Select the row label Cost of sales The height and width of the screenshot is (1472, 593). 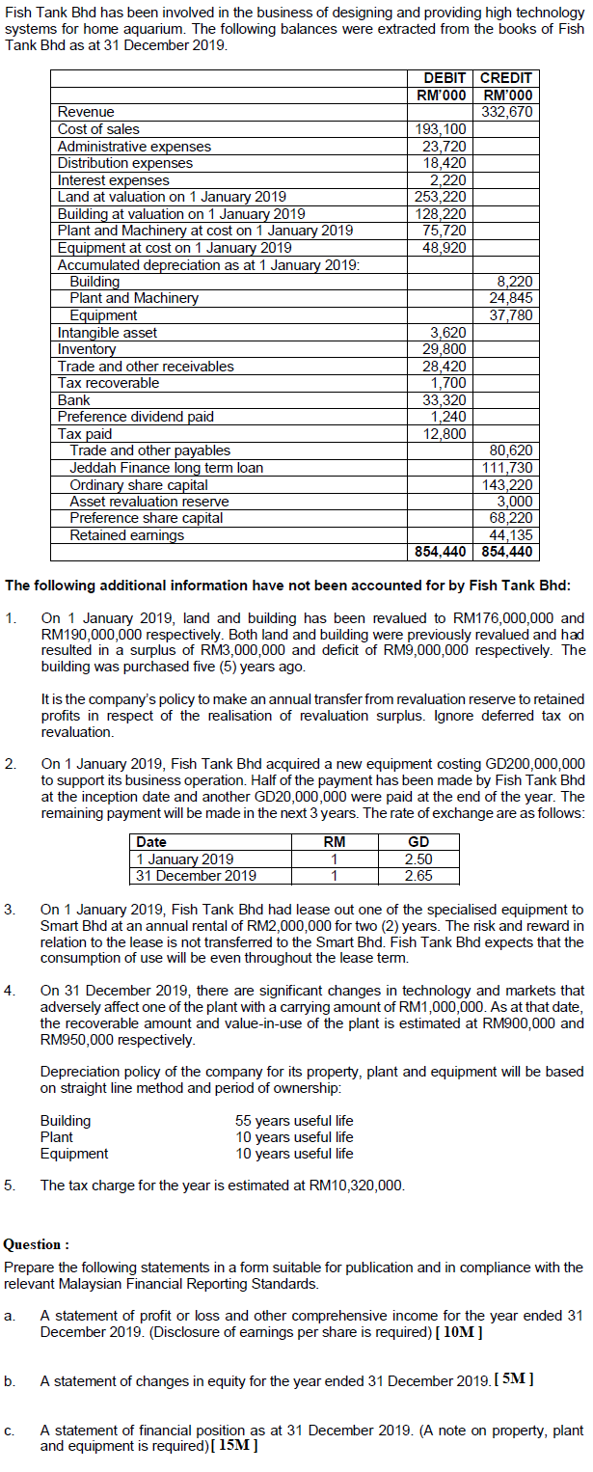[x=98, y=129]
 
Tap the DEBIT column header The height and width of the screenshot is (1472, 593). [x=445, y=78]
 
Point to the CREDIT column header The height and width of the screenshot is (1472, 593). [x=505, y=78]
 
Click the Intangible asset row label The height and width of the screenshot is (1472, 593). [x=107, y=333]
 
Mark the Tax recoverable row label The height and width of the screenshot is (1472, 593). [x=109, y=383]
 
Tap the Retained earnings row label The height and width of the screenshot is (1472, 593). [x=126, y=535]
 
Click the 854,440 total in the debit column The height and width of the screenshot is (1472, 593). [x=441, y=552]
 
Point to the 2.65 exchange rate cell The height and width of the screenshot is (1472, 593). [x=418, y=876]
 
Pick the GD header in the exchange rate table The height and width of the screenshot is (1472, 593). [x=418, y=842]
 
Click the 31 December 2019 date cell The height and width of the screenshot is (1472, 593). [x=197, y=876]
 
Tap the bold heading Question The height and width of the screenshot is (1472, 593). [x=37, y=1244]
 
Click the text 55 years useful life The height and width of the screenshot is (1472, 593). [x=294, y=1121]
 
